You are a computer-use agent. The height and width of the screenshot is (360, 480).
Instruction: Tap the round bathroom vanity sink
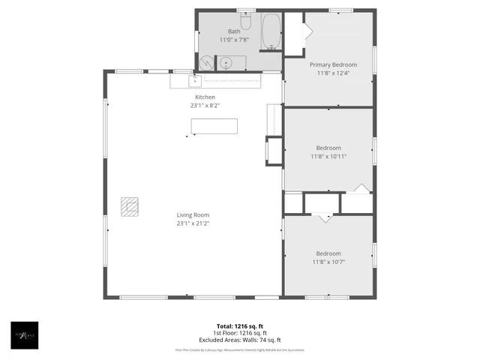pos(225,63)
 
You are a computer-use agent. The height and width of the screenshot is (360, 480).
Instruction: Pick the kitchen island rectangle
pos(214,126)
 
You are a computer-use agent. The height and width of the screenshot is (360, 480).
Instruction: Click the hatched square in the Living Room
pos(130,206)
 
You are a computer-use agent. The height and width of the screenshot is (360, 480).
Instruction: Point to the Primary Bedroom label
pos(334,65)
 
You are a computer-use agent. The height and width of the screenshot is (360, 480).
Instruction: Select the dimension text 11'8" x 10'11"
pos(328,156)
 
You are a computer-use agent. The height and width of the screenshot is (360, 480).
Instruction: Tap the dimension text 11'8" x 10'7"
pos(328,262)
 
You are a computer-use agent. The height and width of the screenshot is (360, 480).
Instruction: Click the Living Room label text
pos(193,214)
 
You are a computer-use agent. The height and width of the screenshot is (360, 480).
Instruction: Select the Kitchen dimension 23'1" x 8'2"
pos(205,106)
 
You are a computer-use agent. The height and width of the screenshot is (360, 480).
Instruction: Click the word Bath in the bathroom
pos(235,31)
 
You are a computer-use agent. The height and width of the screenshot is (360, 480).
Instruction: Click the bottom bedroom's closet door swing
pos(324,217)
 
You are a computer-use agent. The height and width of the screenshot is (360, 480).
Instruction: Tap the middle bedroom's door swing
pos(361,187)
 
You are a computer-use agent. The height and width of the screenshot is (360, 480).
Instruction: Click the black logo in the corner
pos(24,334)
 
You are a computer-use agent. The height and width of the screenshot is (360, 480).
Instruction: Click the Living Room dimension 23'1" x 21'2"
pos(193,223)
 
